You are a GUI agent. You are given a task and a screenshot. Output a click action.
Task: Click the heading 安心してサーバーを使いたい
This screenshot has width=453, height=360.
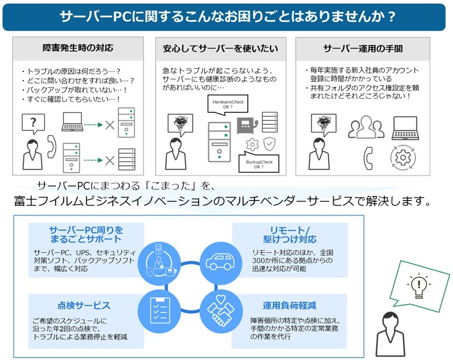point(220,49)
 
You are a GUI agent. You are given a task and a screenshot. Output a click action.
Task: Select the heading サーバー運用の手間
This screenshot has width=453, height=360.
point(363,49)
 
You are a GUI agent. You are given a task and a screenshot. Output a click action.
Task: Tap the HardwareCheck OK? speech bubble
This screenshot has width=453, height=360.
point(228,105)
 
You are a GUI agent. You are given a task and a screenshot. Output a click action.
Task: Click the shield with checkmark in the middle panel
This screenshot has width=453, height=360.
point(269,144)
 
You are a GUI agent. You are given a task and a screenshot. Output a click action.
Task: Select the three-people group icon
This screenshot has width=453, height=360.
point(366,127)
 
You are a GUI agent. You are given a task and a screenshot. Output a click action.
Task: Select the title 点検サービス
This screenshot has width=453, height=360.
point(84,305)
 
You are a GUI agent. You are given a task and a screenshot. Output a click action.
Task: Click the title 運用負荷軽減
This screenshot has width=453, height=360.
point(290,305)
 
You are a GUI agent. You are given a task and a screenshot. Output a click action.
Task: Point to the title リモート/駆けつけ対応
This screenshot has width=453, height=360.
point(290,234)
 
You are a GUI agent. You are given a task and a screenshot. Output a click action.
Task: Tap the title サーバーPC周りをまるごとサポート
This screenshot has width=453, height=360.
point(86,234)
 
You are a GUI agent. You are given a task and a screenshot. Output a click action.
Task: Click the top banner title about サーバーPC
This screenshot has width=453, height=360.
point(227,16)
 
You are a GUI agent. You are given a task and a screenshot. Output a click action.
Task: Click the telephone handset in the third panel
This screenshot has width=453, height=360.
point(368,158)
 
